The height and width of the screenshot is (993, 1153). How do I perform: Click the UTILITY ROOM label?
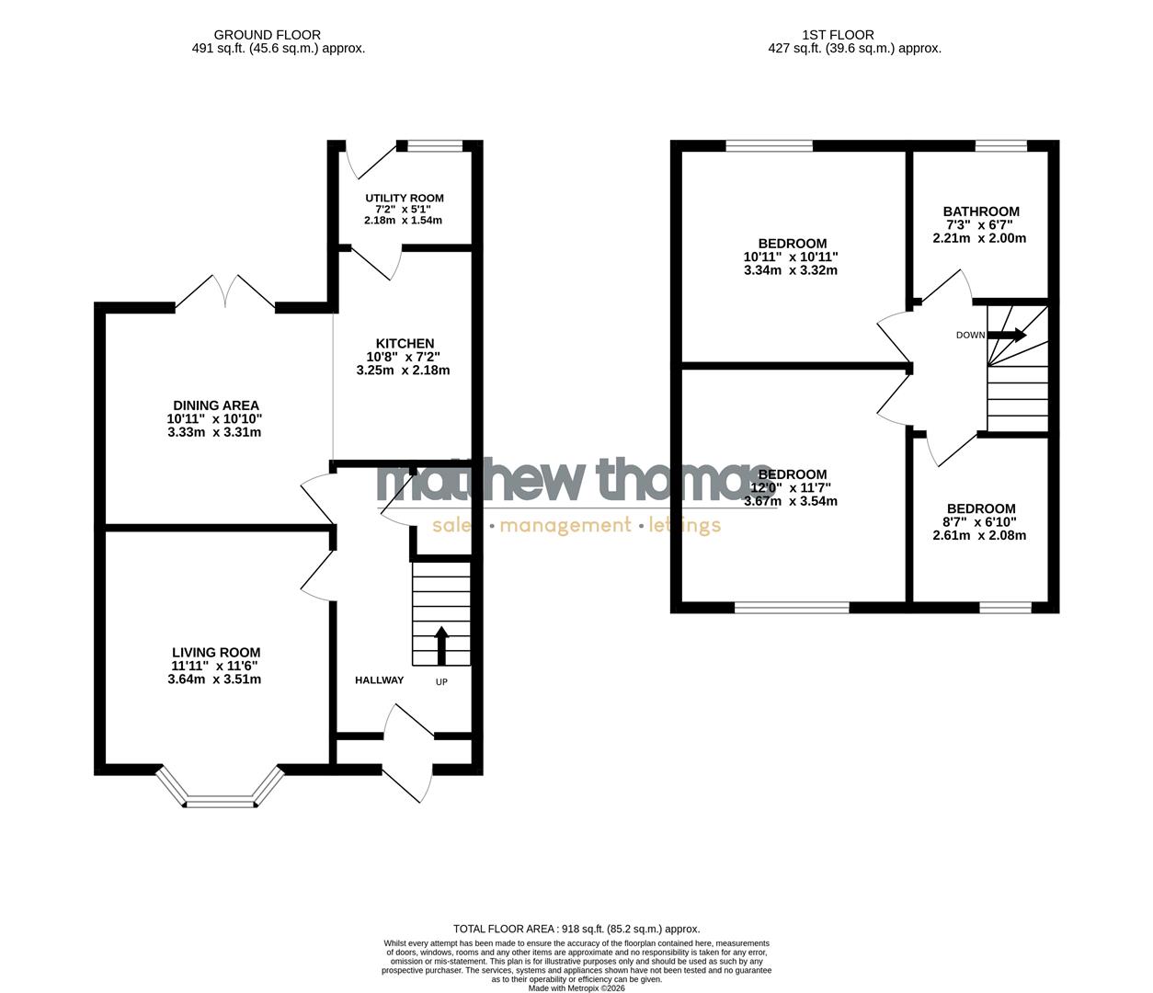404,199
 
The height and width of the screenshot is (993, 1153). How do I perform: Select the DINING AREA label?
216,405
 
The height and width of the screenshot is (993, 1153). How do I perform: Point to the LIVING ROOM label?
216,653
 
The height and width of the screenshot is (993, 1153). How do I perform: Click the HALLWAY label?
380,680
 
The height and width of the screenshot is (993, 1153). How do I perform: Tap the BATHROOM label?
981,211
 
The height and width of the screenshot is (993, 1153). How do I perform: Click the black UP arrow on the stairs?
441,645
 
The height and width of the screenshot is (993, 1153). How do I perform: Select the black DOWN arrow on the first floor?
1008,336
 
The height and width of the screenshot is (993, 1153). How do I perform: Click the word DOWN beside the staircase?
970,336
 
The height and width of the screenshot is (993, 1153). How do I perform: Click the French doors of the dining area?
225,292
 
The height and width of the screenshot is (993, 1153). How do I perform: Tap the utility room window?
435,145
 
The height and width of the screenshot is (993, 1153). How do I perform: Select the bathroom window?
1000,145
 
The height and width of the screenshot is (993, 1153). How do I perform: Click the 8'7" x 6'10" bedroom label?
981,508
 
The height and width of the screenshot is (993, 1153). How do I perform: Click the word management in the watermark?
565,526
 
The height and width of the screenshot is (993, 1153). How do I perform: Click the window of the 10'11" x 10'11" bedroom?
769,145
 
